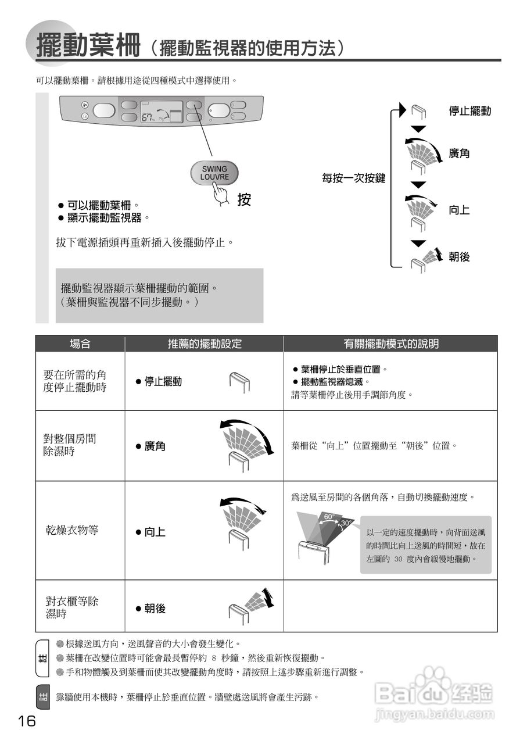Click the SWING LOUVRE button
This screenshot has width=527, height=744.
click(214, 172)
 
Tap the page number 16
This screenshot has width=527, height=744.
click(27, 721)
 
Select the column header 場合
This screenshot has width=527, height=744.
click(80, 344)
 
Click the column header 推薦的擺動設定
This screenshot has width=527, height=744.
click(205, 344)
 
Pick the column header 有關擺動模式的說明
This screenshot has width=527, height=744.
click(390, 344)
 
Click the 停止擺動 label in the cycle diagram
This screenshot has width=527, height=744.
click(469, 111)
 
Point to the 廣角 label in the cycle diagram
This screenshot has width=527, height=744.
click(459, 154)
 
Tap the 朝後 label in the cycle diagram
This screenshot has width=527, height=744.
click(459, 257)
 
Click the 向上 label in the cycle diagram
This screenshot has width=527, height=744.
click(459, 210)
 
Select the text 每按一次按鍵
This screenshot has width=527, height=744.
click(354, 178)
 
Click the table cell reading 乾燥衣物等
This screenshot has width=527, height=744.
click(72, 530)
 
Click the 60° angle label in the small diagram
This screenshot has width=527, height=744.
click(329, 516)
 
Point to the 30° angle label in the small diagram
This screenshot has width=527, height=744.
click(345, 523)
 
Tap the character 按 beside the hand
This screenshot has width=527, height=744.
click(244, 199)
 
